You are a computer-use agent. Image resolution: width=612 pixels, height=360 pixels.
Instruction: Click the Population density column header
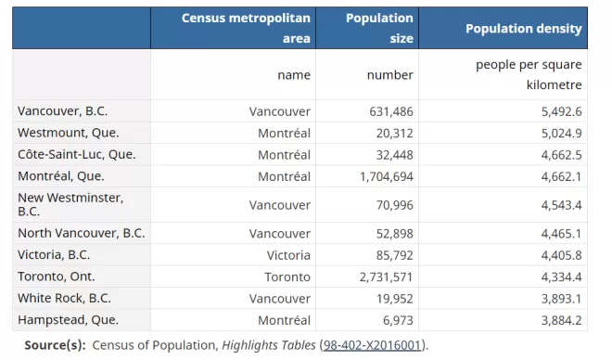pos(523,29)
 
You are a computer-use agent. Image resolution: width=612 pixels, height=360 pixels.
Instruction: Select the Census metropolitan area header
pos(246,28)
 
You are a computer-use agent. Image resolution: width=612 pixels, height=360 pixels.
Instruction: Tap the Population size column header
pos(379,28)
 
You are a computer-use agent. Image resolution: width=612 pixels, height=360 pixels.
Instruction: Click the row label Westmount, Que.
pos(69,133)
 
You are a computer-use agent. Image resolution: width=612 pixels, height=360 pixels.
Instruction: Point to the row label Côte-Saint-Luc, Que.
pos(76,155)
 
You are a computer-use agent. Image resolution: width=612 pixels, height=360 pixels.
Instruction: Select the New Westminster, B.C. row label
pos(70,205)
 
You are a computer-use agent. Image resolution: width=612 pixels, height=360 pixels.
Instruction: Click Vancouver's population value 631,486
pos(391,111)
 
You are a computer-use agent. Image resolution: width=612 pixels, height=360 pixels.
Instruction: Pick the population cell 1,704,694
pos(387,176)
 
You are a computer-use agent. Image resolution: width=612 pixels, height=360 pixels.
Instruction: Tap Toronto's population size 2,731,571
pos(386,276)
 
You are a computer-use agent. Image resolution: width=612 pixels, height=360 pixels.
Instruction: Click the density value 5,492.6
pos(561,111)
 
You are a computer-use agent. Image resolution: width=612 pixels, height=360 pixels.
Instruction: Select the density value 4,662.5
pos(561,155)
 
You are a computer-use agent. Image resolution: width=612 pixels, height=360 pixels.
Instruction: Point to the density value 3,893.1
pos(561,299)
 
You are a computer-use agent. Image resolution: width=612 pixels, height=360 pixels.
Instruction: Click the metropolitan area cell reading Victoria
pos(288,255)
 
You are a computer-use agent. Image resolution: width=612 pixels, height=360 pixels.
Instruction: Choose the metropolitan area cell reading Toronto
pos(287,276)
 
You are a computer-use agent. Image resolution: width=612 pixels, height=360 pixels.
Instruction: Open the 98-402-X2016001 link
pos(372,345)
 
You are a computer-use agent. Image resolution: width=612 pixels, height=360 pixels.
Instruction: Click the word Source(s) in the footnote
pos(55,345)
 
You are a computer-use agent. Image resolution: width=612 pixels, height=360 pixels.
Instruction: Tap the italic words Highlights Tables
pos(269,345)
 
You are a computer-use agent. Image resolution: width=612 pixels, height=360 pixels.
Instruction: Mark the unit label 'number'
pos(389,74)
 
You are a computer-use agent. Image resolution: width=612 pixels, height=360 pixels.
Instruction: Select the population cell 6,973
pos(398,320)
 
